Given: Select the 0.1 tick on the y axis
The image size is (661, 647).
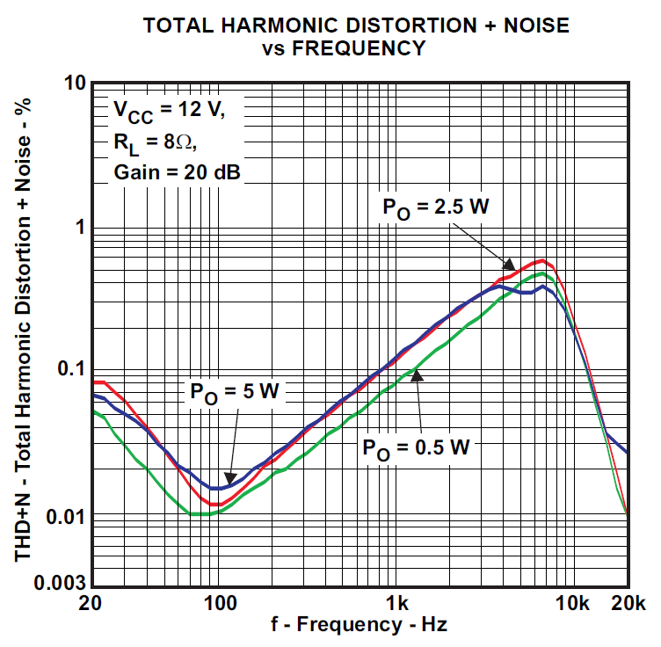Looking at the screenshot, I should click(x=69, y=369).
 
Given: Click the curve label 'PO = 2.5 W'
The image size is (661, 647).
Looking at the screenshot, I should click(x=434, y=207).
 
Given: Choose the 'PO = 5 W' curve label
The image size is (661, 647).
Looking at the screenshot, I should click(x=234, y=393).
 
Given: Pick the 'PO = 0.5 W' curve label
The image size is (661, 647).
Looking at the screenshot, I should click(x=417, y=447).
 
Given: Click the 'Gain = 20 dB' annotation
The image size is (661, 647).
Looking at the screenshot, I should click(x=177, y=171).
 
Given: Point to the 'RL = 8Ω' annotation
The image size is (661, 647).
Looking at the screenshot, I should click(x=149, y=142).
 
